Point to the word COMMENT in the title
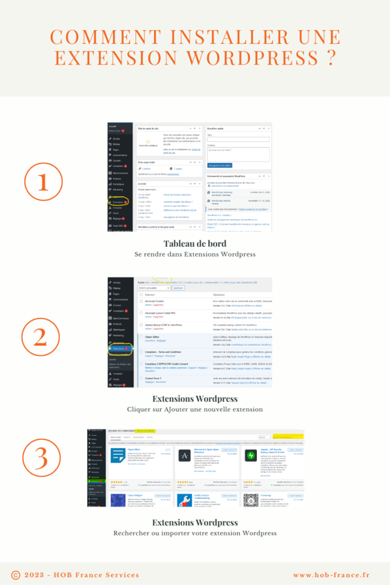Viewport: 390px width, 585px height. pyautogui.click(x=104, y=37)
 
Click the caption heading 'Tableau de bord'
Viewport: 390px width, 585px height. pyautogui.click(x=195, y=244)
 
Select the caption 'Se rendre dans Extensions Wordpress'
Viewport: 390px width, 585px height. pyautogui.click(x=195, y=254)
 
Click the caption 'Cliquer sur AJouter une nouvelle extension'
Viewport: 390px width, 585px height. pyautogui.click(x=195, y=410)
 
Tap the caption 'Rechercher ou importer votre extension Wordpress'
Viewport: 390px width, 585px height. pyautogui.click(x=195, y=533)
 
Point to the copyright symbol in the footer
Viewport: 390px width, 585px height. pyautogui.click(x=16, y=574)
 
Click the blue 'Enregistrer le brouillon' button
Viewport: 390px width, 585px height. pyautogui.click(x=220, y=165)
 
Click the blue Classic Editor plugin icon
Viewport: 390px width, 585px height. pyautogui.click(x=118, y=455)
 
